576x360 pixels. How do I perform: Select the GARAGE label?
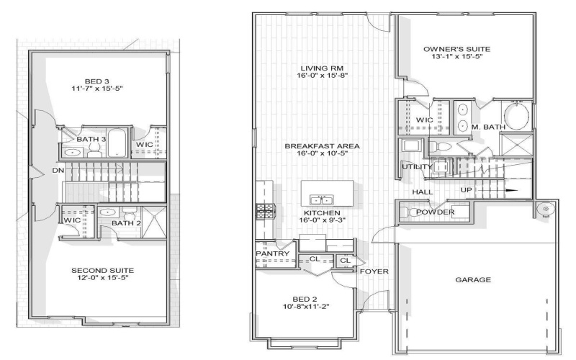pos(474,279)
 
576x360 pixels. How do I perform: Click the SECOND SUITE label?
pos(103,271)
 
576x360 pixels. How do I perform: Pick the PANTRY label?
pos(273,254)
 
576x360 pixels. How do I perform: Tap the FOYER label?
pos(374,271)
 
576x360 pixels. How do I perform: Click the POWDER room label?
pos(435,212)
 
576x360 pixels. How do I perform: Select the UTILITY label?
pos(417,167)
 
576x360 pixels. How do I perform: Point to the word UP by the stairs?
pos(467,191)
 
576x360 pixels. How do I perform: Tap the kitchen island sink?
pos(320,199)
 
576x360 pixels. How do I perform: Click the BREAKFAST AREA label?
pos(322,146)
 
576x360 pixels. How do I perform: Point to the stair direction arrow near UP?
pos(510,191)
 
